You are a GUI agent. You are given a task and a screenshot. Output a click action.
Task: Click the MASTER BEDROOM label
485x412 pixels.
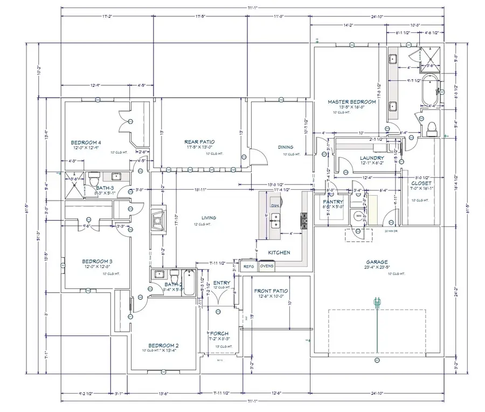point(352,102)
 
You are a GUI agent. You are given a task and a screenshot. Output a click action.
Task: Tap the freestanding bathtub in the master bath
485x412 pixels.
point(431,90)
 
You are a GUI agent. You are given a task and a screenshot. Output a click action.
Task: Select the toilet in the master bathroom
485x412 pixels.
point(430,128)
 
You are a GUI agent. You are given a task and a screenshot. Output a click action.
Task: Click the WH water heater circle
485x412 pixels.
point(357,216)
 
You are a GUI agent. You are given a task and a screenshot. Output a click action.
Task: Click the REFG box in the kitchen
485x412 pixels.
point(248,266)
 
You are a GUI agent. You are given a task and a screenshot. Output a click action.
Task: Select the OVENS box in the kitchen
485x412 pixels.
point(267,266)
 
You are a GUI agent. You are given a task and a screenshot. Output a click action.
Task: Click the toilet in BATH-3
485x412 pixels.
point(94,177)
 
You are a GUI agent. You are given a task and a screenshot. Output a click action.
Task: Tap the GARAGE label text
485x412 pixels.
point(377,263)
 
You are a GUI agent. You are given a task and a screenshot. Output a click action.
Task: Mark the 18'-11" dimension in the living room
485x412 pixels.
point(200,190)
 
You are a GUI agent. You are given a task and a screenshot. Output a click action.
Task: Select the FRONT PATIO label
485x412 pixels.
point(271,291)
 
